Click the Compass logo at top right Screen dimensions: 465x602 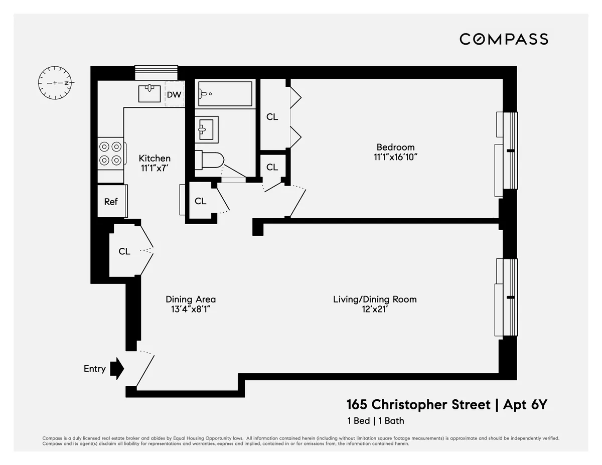click(x=504, y=39)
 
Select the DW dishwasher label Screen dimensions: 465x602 click(x=174, y=94)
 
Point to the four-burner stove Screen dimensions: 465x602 click(x=110, y=153)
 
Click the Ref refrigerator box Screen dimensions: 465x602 click(x=111, y=201)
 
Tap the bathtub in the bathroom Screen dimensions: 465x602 click(x=225, y=94)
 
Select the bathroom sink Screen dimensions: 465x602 click(x=206, y=129)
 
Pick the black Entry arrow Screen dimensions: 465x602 click(x=116, y=369)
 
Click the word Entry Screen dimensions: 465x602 click(x=94, y=369)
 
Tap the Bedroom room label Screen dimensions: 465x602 click(x=395, y=147)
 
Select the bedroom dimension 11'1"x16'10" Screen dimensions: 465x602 click(x=395, y=157)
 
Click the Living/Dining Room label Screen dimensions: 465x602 click(x=375, y=299)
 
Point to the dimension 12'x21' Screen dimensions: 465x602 click(x=375, y=309)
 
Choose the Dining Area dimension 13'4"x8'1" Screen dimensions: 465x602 click(x=191, y=309)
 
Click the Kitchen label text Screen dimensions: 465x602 click(x=155, y=158)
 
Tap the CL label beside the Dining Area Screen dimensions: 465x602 click(x=124, y=251)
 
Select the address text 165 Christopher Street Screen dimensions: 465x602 click(x=418, y=404)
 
